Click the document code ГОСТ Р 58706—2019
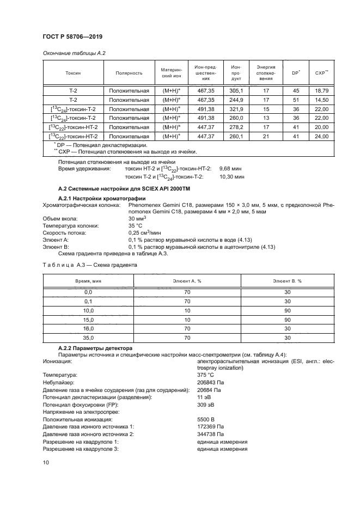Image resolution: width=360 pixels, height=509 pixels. [72, 36]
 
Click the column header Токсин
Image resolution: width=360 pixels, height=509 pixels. [73, 72]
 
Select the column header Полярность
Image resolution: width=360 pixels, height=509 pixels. [129, 72]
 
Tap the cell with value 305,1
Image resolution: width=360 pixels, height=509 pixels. [236, 90]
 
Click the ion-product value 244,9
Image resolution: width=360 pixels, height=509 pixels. [236, 100]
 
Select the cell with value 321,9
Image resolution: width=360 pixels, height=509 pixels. [236, 109]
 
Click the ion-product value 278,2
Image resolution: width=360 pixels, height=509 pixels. [236, 127]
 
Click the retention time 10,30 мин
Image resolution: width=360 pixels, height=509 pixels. [232, 177]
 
